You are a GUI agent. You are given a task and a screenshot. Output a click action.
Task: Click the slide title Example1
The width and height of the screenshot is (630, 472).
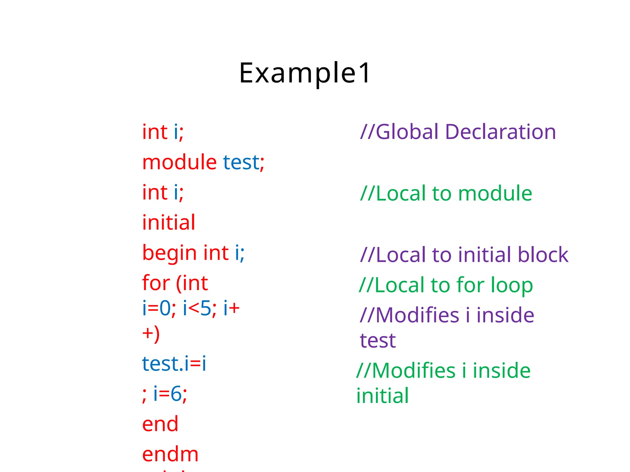pos(305,73)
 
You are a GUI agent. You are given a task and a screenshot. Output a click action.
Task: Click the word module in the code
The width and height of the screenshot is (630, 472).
pos(179,162)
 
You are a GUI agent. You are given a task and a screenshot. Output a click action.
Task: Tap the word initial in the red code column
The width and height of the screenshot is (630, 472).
pos(169,222)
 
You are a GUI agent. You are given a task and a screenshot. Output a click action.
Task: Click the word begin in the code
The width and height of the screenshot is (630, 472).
pos(169,253)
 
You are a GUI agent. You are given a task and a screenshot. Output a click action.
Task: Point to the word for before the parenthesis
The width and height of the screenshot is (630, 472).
pos(156,283)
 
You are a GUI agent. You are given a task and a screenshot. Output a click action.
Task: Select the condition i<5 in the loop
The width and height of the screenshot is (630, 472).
pos(197,308)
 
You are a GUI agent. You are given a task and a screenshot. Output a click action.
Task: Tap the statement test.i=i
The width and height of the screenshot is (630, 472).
pos(174,364)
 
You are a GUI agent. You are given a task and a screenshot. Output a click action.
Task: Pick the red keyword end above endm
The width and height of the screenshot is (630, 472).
pos(160,424)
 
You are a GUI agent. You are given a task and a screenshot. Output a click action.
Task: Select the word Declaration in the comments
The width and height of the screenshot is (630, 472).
pos(500,132)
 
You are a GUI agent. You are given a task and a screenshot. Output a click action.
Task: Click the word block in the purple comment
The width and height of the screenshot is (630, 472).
pos(543,255)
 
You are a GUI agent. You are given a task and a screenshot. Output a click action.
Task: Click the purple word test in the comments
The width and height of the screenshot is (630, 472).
pos(377,341)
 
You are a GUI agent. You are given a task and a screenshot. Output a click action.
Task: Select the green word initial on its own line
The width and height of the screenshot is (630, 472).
pos(382,396)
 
